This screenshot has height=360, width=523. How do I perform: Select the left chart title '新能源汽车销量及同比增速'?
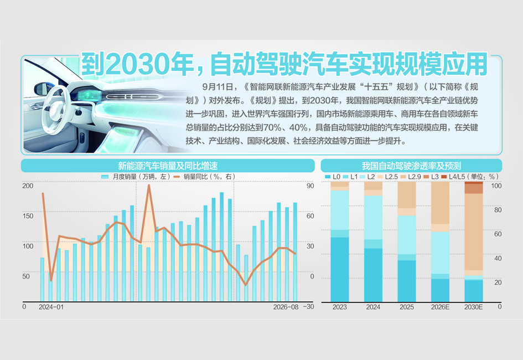[168, 166]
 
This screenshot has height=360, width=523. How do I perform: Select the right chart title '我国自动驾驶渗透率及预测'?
[411, 166]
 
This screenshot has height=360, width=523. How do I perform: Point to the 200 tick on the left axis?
[28, 186]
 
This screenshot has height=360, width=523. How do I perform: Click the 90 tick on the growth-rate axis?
[310, 186]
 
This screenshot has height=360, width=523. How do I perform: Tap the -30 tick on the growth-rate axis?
[308, 306]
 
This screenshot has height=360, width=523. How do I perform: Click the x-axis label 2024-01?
[51, 307]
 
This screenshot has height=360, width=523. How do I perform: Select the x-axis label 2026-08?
[286, 307]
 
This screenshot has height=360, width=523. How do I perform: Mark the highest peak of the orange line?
[149, 185]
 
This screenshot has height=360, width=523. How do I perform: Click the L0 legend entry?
[333, 177]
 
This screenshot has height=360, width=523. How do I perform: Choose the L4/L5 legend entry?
[453, 177]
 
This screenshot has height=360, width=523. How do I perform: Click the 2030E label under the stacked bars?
[473, 307]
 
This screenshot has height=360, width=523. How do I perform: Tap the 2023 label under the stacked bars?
[340, 307]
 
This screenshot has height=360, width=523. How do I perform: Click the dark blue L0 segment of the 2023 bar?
[340, 270]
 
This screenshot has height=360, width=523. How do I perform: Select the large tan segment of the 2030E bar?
[474, 232]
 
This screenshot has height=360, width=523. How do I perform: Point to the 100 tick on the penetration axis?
[496, 186]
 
